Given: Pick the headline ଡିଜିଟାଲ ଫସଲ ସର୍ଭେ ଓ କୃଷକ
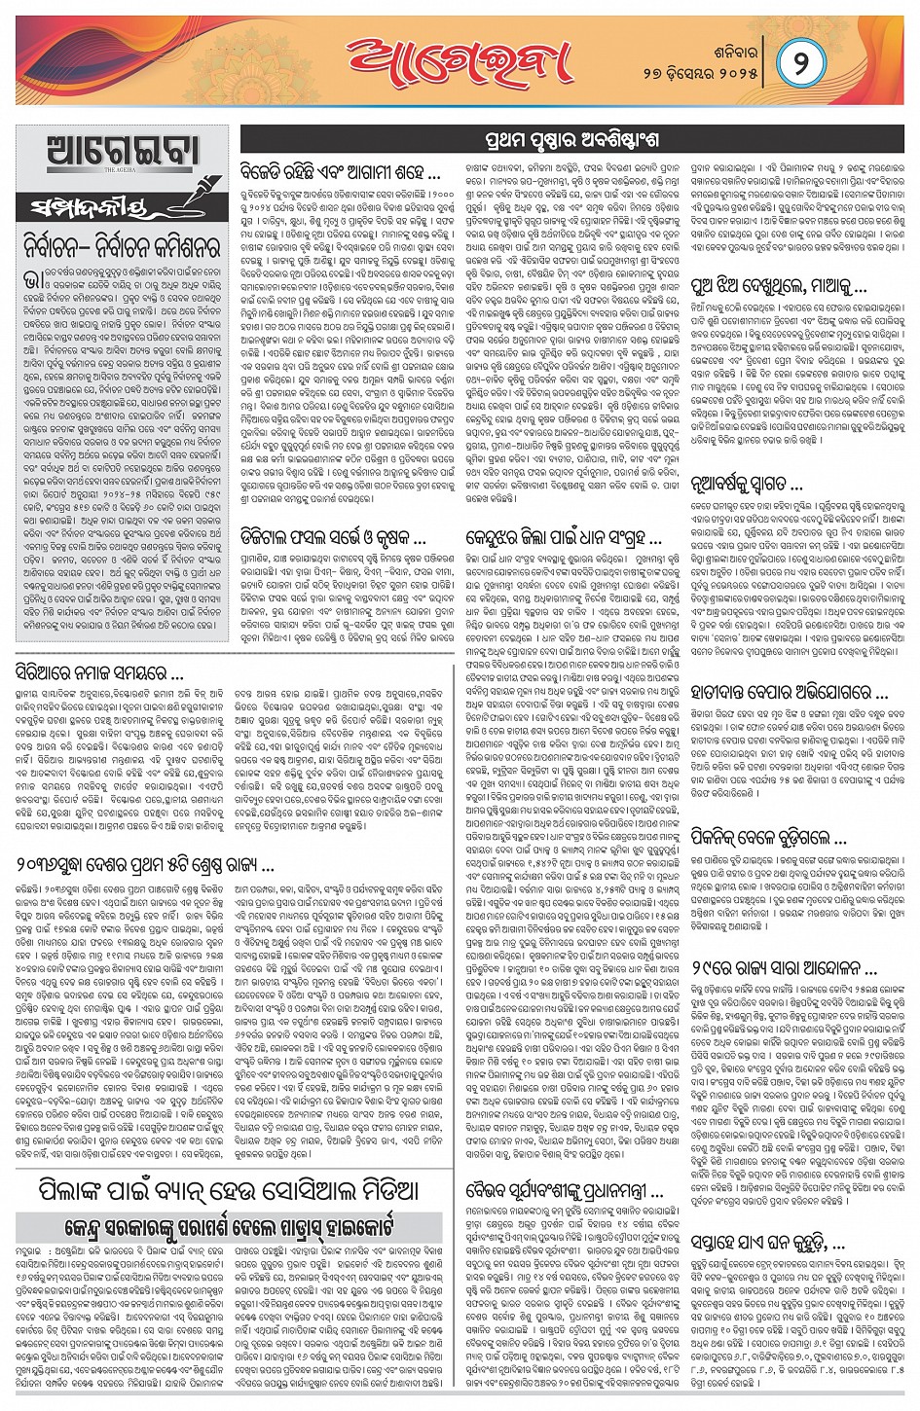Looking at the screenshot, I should tap(333, 536).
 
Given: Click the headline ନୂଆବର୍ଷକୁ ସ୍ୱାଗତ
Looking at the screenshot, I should tap(748, 483).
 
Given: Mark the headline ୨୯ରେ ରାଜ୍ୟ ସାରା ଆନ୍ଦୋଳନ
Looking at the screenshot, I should tap(785, 968).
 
